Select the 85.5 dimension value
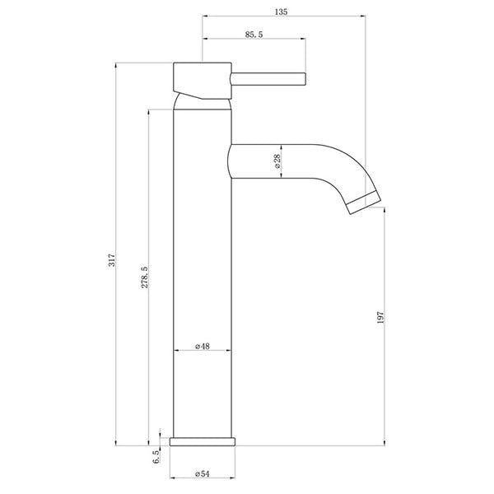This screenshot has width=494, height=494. [x=254, y=34]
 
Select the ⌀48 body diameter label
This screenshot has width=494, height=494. [x=203, y=347]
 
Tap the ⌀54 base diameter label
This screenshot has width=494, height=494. [x=202, y=473]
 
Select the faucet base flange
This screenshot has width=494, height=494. [x=203, y=440]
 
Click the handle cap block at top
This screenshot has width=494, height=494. [x=201, y=81]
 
